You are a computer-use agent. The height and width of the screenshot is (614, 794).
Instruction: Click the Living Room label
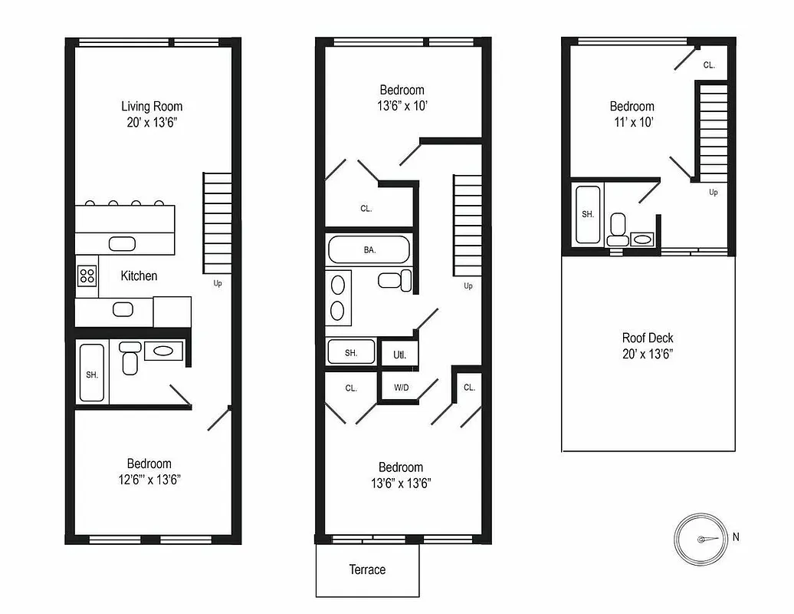152,106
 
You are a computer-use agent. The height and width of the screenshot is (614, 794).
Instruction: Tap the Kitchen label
139,276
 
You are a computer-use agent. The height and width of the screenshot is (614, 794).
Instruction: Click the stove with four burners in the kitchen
87,276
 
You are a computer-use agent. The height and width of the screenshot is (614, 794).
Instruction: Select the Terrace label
367,569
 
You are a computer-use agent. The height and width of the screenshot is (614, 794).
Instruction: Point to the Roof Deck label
648,338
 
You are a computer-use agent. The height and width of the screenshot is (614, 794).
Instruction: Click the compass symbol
700,539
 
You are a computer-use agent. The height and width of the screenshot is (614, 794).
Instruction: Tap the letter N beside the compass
736,537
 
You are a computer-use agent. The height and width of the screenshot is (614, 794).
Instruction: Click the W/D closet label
401,388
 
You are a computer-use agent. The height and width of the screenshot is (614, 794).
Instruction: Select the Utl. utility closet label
399,355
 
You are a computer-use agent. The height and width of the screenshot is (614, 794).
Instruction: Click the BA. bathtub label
369,250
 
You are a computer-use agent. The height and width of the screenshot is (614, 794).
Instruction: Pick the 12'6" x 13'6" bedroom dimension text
149,480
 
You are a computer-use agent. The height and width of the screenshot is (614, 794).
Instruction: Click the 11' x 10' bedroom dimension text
632,122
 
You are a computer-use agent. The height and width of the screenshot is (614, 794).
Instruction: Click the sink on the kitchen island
121,244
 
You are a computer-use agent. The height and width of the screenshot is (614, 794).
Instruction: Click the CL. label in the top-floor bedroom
709,65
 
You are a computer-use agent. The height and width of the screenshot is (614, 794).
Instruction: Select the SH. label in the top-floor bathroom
588,215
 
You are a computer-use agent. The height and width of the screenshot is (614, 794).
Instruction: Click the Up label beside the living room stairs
218,283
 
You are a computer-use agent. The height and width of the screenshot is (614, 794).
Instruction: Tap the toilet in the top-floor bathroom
618,228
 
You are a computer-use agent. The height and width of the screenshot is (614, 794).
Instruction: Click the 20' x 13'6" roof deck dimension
648,354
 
